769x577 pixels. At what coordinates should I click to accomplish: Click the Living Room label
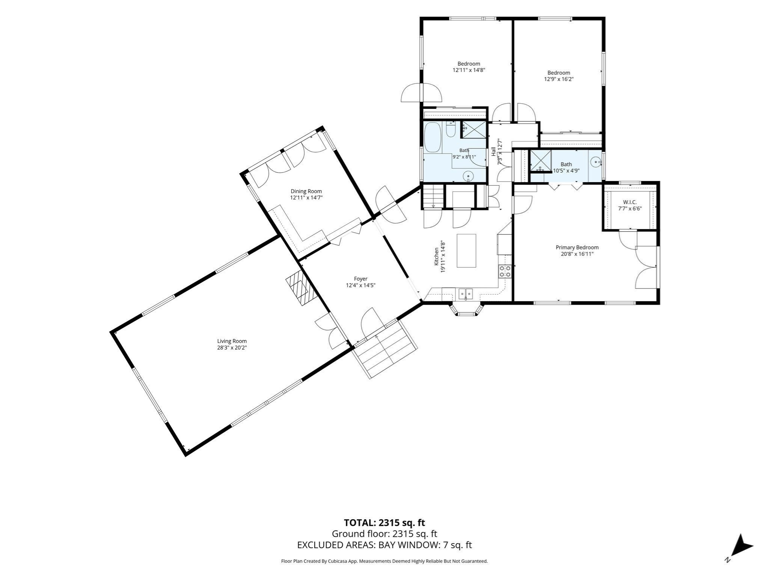click(x=232, y=341)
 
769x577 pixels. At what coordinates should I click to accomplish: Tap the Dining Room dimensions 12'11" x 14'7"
click(x=306, y=197)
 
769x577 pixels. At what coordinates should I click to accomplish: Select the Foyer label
click(x=360, y=279)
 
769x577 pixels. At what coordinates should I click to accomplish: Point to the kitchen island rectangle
click(x=466, y=251)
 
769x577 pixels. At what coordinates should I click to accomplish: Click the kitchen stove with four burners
click(x=505, y=271)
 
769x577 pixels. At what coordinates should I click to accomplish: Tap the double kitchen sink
click(x=466, y=293)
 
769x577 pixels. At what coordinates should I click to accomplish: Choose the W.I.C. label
click(x=630, y=202)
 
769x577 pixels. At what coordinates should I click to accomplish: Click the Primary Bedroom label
click(x=577, y=247)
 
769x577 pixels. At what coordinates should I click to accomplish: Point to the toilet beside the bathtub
click(x=451, y=130)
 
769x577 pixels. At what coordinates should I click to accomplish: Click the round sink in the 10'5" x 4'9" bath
click(x=596, y=162)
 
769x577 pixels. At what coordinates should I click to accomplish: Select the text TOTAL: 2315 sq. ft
click(x=384, y=523)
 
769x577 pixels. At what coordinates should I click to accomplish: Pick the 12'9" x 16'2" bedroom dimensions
click(x=559, y=79)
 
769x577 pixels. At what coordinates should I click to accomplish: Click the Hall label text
click(x=493, y=151)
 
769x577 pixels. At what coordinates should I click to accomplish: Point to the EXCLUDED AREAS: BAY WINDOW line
click(x=384, y=545)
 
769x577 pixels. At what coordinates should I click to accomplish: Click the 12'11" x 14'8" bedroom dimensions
click(x=469, y=70)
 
